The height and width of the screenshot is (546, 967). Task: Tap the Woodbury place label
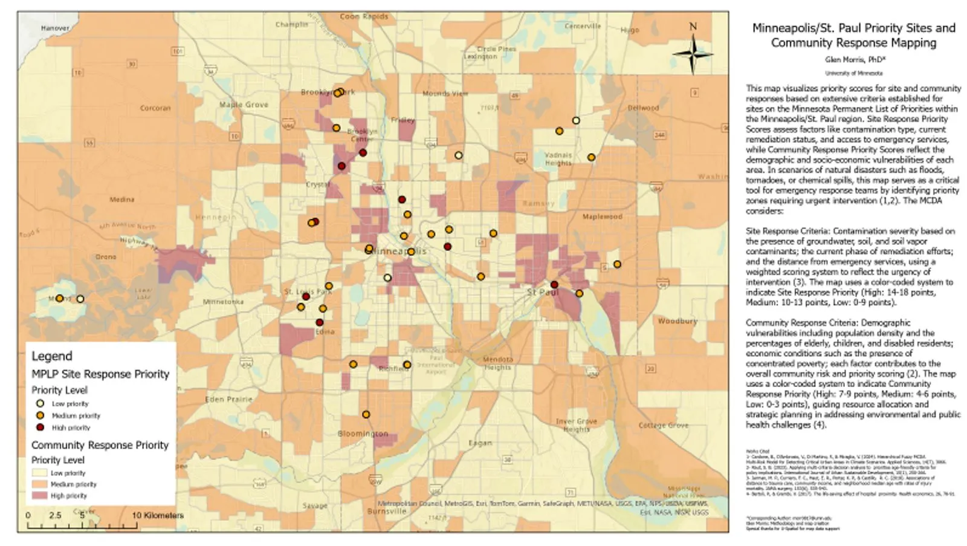[x=677, y=321]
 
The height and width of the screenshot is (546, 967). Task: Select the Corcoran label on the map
[x=155, y=108]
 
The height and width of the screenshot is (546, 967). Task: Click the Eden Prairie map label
[x=228, y=399]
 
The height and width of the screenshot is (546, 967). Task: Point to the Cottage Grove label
[x=663, y=425]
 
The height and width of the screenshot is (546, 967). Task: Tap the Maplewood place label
[x=602, y=216]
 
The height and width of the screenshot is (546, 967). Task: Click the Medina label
[x=121, y=200]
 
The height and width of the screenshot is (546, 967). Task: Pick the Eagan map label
[x=480, y=443]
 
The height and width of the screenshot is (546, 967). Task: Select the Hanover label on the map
[x=55, y=28]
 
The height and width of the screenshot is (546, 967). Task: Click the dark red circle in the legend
[x=40, y=427]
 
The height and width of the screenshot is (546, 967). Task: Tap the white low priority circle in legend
[x=40, y=403]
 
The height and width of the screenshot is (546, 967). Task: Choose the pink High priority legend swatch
[x=40, y=496]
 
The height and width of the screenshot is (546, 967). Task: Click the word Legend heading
[x=52, y=356]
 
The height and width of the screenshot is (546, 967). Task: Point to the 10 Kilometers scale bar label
[x=158, y=516]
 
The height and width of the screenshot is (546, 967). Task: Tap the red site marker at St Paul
[x=554, y=284]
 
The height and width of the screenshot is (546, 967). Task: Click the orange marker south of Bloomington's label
[x=366, y=415]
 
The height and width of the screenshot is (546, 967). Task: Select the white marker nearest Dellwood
[x=576, y=121]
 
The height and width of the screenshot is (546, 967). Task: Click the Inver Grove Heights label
[x=576, y=425]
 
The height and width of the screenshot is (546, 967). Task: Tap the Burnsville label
[x=387, y=511]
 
